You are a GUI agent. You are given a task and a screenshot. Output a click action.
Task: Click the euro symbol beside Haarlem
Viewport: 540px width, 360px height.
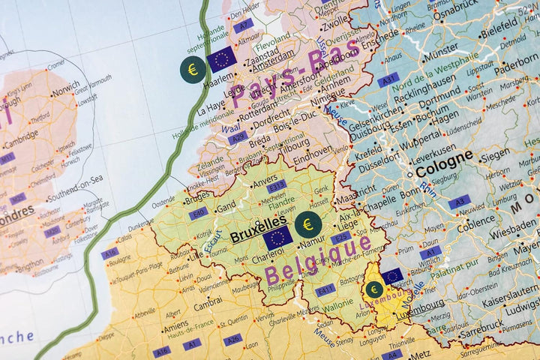(x=193, y=70)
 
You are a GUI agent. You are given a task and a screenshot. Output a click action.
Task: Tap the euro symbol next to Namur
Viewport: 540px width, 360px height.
(x=307, y=223)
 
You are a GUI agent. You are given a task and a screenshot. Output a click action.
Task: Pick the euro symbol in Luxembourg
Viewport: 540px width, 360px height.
(x=373, y=289)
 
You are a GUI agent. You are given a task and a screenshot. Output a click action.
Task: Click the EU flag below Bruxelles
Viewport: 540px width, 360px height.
(x=277, y=238)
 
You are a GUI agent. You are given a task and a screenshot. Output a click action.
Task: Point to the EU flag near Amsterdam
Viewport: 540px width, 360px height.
(x=222, y=59)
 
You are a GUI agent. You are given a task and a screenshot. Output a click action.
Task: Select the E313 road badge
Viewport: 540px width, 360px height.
(x=277, y=185)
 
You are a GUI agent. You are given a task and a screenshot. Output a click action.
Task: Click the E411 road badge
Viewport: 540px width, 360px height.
(x=325, y=289)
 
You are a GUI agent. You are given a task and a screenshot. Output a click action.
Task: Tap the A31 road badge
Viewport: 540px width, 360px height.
(x=388, y=79)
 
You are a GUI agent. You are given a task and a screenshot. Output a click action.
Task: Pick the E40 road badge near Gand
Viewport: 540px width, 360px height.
(x=199, y=213)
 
